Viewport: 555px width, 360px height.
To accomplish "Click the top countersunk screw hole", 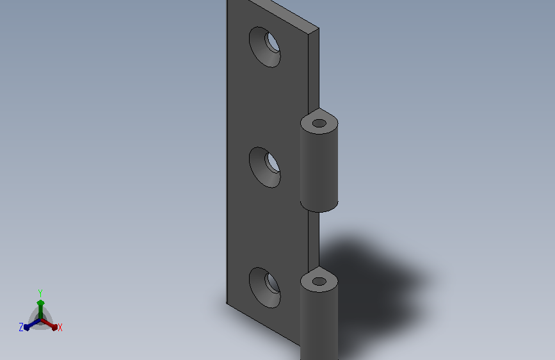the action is click(x=265, y=47).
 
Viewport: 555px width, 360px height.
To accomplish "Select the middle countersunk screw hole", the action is click(x=265, y=167).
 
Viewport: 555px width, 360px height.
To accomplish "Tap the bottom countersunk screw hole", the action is click(x=265, y=288).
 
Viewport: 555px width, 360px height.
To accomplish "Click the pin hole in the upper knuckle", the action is click(x=319, y=123).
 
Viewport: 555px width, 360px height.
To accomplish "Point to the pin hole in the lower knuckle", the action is click(x=319, y=282).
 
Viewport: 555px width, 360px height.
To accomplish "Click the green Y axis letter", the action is click(x=40, y=293).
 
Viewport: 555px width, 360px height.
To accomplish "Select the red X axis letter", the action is click(x=60, y=328).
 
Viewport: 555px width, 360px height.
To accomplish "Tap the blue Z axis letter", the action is click(x=21, y=327).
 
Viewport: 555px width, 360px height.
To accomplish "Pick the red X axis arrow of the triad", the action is click(x=49, y=324).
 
